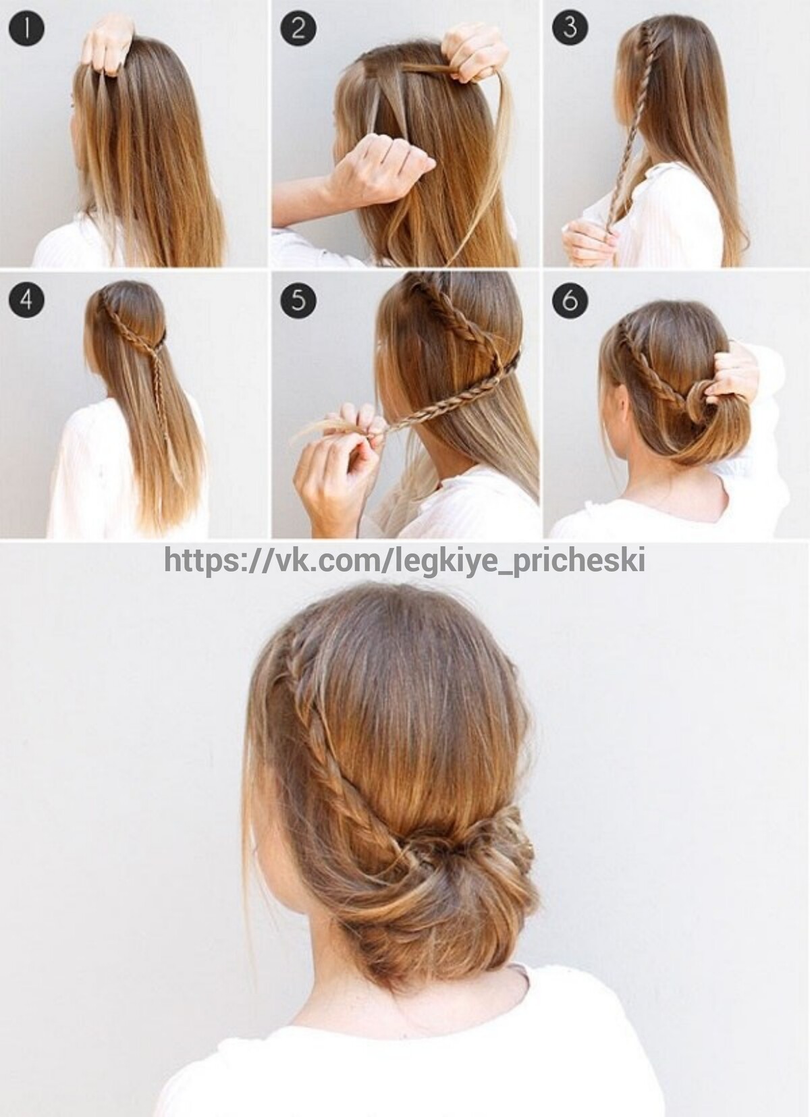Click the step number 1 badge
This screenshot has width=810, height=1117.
pyautogui.click(x=27, y=28)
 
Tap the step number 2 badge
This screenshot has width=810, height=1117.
pyautogui.click(x=298, y=28)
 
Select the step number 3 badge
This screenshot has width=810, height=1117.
pyautogui.click(x=570, y=28)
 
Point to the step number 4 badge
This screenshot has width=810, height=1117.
pyautogui.click(x=27, y=300)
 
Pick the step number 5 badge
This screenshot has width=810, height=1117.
pyautogui.click(x=298, y=300)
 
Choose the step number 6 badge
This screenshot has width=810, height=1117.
pyautogui.click(x=570, y=300)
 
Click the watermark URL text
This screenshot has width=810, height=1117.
pyautogui.click(x=404, y=560)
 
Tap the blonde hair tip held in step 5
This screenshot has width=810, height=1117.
pyautogui.click(x=324, y=425)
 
